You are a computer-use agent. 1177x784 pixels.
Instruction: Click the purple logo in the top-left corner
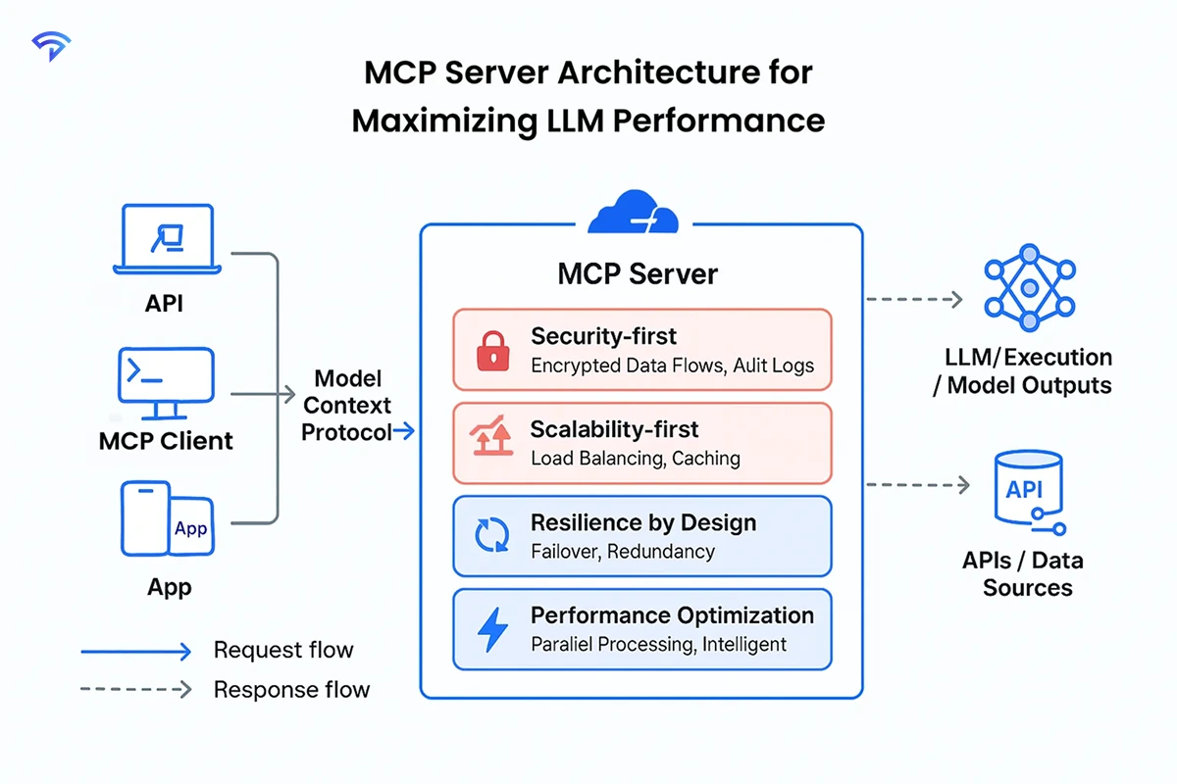click(50, 45)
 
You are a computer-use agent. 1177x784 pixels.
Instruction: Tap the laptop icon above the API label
click(166, 240)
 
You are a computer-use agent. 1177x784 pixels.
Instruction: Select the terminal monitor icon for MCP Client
click(166, 382)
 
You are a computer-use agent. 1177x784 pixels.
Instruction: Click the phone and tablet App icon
click(167, 518)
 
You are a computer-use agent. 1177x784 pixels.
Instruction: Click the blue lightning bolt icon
click(489, 629)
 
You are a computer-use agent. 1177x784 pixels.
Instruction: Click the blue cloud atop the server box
click(634, 214)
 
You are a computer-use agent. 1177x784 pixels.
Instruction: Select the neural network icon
click(1029, 288)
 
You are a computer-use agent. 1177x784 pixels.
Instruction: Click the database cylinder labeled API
click(1026, 491)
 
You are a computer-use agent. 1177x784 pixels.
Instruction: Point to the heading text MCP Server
click(638, 273)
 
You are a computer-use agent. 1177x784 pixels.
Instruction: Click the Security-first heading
click(603, 336)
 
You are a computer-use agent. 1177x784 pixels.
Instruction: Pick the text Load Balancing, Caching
click(635, 458)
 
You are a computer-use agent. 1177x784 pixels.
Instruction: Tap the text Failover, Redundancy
click(622, 551)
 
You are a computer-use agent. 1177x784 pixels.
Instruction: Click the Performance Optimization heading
click(672, 615)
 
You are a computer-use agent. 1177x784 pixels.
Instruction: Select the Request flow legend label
click(282, 650)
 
